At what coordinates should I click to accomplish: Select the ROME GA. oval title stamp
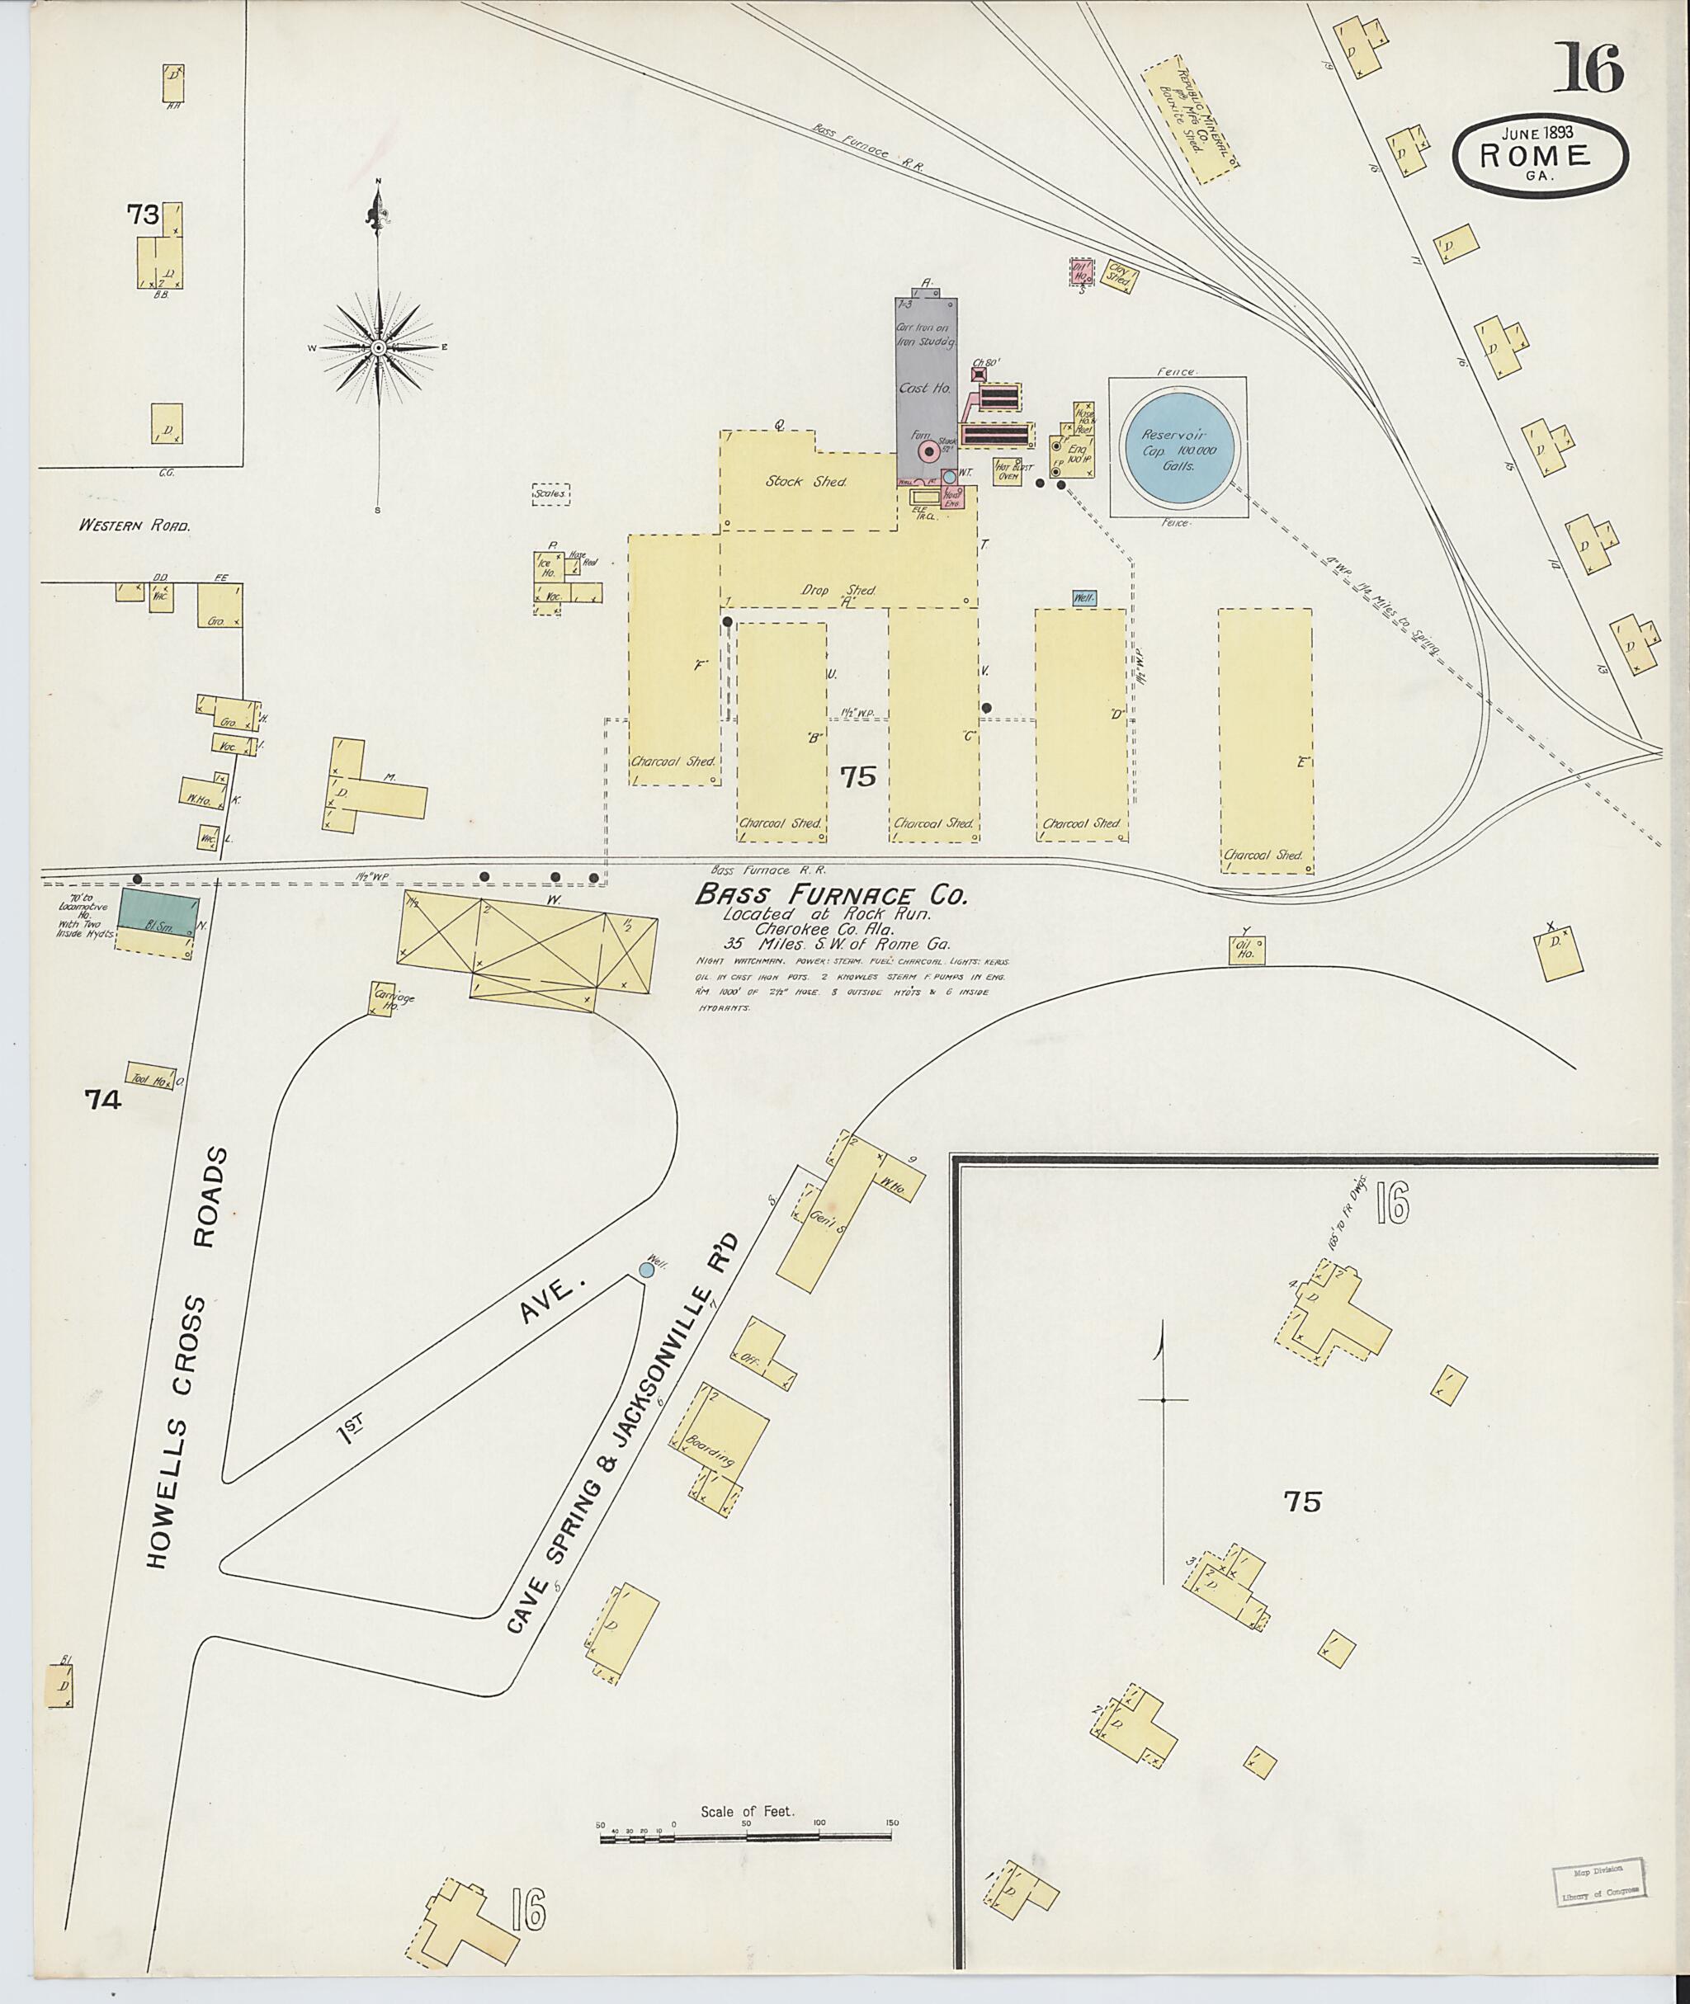pos(1541,157)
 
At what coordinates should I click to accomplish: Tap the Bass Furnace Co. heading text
pos(831,896)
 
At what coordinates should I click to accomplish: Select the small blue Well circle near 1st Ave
pos(647,1269)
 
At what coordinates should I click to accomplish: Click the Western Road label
pos(135,526)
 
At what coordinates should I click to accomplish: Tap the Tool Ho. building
pos(151,1077)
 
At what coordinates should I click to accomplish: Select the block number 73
pos(143,215)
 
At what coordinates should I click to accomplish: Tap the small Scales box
pos(551,493)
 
